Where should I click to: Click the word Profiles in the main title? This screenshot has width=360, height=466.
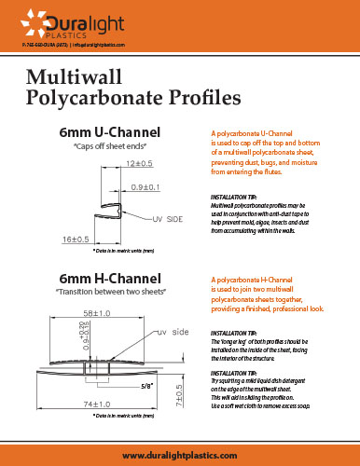pyautogui.click(x=198, y=96)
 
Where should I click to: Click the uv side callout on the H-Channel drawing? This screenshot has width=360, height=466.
pyautogui.click(x=173, y=332)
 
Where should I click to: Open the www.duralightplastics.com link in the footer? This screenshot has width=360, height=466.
pyautogui.click(x=180, y=452)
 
